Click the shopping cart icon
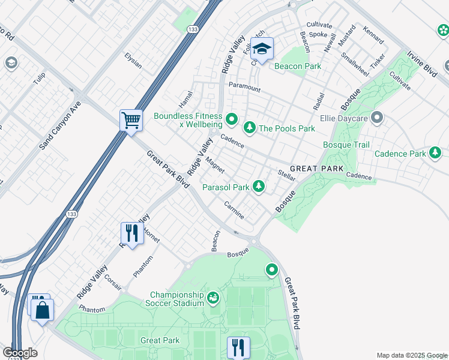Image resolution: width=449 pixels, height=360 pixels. point(130,119)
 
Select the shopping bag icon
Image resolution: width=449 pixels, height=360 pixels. point(43,310)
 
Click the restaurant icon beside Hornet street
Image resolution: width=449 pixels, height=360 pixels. point(131,233)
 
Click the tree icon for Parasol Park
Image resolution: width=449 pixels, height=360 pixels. point(259,187)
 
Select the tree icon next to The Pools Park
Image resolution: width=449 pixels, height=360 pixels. point(249,128)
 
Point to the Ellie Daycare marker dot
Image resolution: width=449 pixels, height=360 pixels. point(376,118)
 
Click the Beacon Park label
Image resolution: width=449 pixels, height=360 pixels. point(298,66)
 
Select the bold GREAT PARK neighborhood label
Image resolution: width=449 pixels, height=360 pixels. point(317,169)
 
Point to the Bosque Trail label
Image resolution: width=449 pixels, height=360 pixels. point(346,145)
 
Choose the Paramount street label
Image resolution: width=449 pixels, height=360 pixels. point(244,88)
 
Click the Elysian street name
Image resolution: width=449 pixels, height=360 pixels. point(133,60)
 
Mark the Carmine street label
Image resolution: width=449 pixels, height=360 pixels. point(234,209)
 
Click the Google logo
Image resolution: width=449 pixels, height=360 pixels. point(20,352)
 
